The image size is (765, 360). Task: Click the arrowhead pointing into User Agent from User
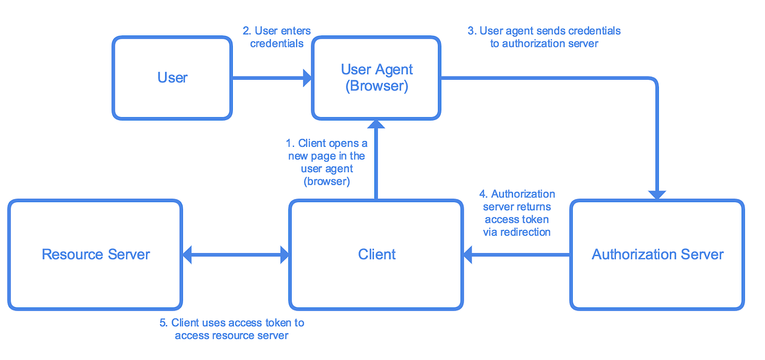[307, 78]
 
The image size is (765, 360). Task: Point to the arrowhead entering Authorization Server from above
[657, 195]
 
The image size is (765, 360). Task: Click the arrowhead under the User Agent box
[376, 124]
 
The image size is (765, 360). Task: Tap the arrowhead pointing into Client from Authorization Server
[468, 255]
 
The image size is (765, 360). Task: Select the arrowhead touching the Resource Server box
[187, 255]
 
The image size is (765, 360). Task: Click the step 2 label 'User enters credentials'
[276, 37]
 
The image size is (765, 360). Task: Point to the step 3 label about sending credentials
[544, 37]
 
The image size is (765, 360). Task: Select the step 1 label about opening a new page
[327, 162]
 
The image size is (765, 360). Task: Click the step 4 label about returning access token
[517, 213]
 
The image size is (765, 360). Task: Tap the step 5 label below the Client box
[232, 329]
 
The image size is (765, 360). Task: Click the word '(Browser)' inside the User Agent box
[376, 86]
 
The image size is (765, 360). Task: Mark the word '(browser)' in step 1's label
[327, 181]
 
